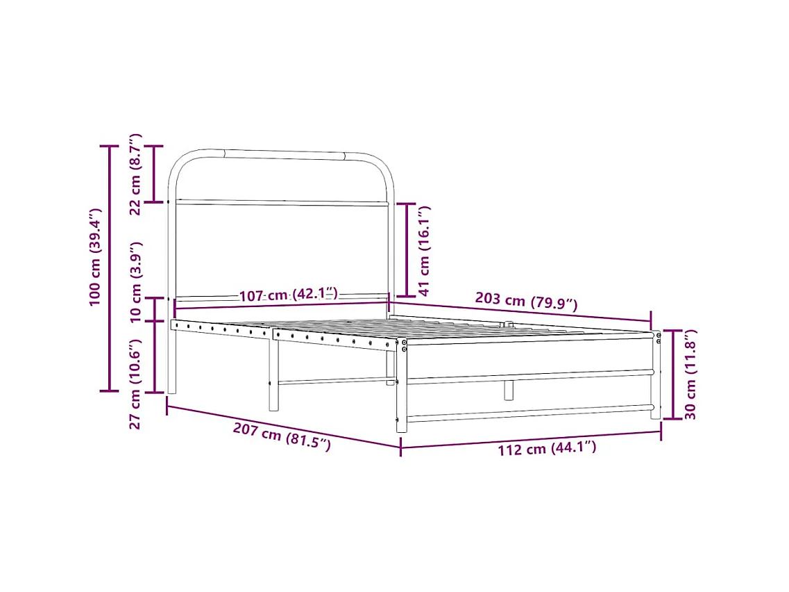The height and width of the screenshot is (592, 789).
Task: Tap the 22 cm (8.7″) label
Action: coord(136,174)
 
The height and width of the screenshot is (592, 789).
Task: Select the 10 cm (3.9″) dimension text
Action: coord(136,281)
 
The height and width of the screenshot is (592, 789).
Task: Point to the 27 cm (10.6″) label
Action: coord(136,384)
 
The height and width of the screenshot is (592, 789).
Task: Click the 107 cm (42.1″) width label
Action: coord(288,295)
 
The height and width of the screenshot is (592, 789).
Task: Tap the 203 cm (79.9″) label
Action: coord(525,302)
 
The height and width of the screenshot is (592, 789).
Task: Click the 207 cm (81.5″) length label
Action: coord(281,437)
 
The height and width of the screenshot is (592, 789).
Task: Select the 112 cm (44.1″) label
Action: coord(547,449)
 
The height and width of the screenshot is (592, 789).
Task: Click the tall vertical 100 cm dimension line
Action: coord(109,268)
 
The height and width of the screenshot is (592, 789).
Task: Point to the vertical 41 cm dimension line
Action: coord(407,250)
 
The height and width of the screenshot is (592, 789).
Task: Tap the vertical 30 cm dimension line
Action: coord(672,375)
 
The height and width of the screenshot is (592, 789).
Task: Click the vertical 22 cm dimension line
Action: coord(153,174)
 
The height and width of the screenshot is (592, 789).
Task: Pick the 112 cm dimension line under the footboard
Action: coord(531,439)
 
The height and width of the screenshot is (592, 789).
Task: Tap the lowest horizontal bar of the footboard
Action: coord(529,413)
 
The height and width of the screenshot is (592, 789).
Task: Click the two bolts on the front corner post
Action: coord(405,345)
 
